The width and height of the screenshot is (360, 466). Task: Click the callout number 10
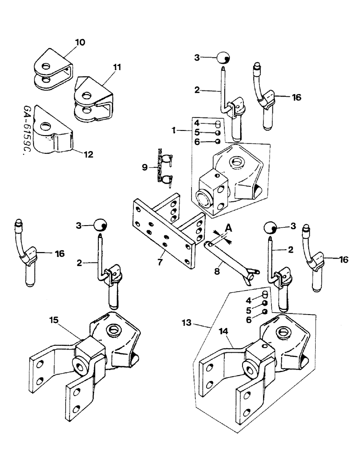point(80,42)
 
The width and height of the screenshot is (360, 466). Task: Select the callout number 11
point(116,68)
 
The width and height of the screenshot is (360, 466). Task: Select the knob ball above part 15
point(100,225)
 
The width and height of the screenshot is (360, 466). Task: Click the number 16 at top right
point(297,97)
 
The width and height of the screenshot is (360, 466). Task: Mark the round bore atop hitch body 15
point(113,331)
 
